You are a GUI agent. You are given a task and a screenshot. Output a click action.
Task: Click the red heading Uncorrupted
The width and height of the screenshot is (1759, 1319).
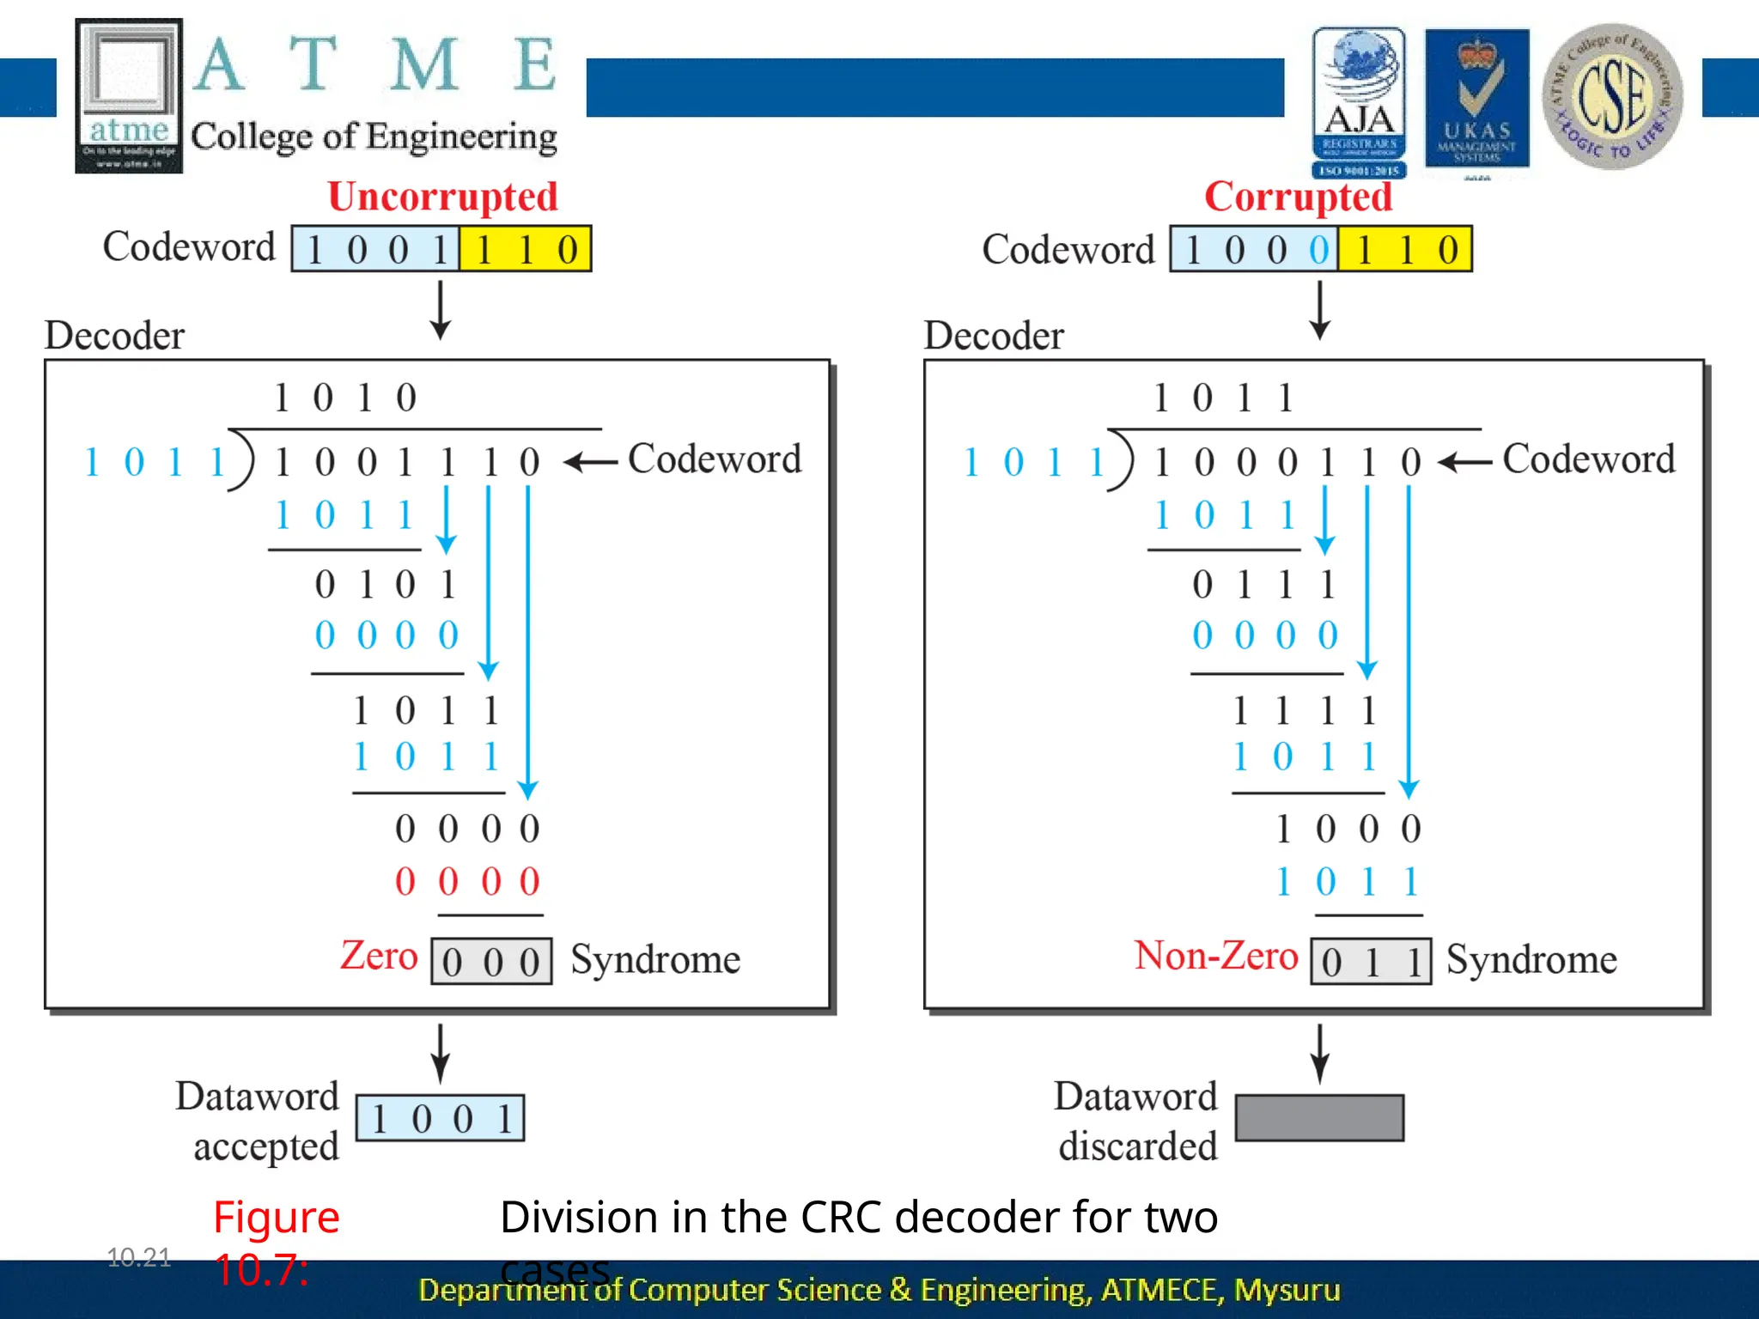pyautogui.click(x=442, y=197)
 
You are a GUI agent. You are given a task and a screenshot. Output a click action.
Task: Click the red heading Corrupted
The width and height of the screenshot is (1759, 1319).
pyautogui.click(x=1297, y=197)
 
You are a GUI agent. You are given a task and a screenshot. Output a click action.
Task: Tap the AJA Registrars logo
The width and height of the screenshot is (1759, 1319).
pyautogui.click(x=1359, y=101)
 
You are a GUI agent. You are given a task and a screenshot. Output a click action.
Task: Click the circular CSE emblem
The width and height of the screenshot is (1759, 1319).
pyautogui.click(x=1612, y=96)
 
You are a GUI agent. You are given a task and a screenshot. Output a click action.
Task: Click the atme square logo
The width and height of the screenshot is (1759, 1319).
pyautogui.click(x=129, y=95)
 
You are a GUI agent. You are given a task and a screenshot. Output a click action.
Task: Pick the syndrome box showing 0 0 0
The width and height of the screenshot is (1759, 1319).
pyautogui.click(x=491, y=962)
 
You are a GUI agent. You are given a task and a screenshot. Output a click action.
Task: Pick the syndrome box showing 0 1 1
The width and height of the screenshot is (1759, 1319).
pyautogui.click(x=1371, y=962)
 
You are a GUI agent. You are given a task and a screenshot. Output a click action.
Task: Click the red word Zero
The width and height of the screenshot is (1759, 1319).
pyautogui.click(x=379, y=956)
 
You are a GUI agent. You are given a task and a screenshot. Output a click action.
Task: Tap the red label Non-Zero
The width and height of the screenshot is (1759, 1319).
pyautogui.click(x=1215, y=956)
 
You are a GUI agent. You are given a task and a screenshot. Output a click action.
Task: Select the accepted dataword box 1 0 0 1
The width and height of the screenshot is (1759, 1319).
pyautogui.click(x=440, y=1118)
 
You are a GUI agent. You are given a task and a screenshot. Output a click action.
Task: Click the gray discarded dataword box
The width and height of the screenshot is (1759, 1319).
pyautogui.click(x=1319, y=1118)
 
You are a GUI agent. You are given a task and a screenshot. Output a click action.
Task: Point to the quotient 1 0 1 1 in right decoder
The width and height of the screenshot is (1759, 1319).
pyautogui.click(x=1224, y=398)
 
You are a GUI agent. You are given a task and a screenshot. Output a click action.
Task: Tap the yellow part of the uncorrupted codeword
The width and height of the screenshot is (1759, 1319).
pyautogui.click(x=525, y=250)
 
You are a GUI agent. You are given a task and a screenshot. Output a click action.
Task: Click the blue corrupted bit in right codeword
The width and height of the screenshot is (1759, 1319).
pyautogui.click(x=1318, y=250)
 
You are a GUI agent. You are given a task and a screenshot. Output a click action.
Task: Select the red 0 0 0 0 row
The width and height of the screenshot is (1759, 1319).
pyautogui.click(x=467, y=882)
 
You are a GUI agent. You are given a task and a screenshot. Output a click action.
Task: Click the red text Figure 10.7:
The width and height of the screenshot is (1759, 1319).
pyautogui.click(x=275, y=1242)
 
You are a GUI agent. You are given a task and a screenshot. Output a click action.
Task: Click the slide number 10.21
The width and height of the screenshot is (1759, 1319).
pyautogui.click(x=139, y=1257)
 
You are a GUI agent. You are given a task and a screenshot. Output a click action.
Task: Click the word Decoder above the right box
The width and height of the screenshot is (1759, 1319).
pyautogui.click(x=994, y=336)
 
